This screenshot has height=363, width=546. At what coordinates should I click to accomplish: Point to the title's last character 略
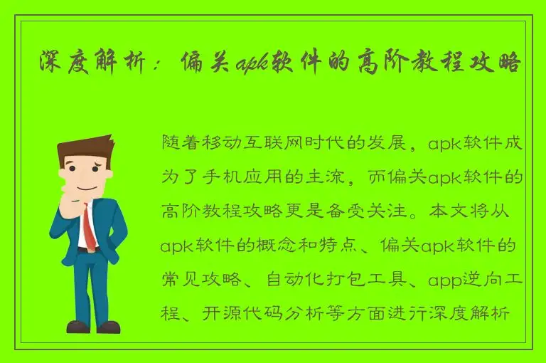coord(510,63)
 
